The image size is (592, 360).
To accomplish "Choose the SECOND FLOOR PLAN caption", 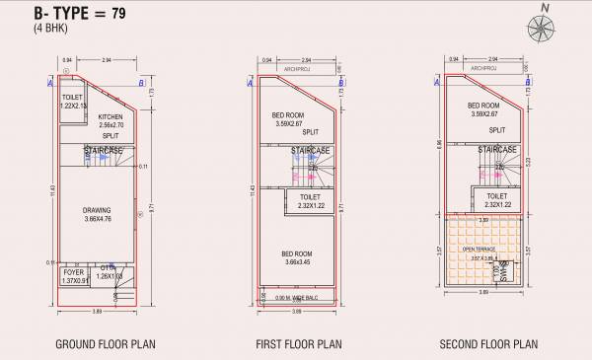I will [488, 344].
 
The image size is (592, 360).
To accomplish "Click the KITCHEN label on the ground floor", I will [110, 116].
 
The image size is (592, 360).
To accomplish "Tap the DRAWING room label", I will [97, 210].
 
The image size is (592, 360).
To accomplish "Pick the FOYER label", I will [73, 271].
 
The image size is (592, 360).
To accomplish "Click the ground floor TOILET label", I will [71, 98].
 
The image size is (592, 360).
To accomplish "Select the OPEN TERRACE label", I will [479, 250].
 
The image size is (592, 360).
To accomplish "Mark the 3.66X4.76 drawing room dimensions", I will [97, 218].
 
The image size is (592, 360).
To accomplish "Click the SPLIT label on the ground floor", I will [111, 133].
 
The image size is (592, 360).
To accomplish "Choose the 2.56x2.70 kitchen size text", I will [110, 124].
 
